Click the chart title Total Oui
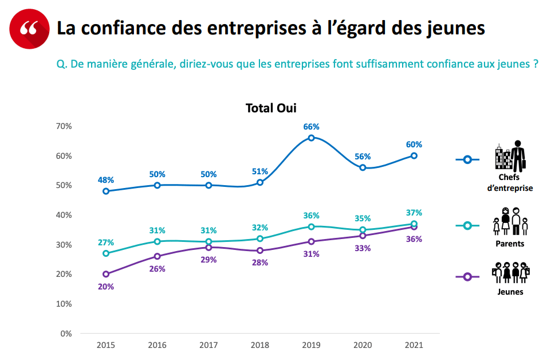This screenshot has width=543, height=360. click(271, 108)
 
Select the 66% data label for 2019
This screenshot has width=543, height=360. click(311, 126)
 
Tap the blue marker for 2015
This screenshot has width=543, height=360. click(106, 191)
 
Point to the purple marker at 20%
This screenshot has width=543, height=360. click(106, 274)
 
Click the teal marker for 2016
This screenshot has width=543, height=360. click(158, 241)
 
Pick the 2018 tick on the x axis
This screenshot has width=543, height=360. click(259, 345)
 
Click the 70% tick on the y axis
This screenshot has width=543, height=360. click(64, 126)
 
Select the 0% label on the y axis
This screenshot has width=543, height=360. click(66, 333)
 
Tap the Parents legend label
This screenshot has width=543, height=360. click(510, 244)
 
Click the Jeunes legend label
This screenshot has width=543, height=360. click(510, 292)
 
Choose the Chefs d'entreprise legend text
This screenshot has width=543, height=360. click(510, 182)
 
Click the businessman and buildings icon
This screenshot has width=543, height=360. click(510, 156)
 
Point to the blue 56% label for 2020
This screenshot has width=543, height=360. click(363, 156)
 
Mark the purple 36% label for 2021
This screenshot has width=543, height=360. click(414, 239)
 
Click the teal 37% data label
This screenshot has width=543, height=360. click(414, 213)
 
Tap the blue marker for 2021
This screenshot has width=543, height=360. click(414, 155)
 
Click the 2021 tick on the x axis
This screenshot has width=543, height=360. click(414, 345)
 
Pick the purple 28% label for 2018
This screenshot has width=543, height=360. click(259, 263)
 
